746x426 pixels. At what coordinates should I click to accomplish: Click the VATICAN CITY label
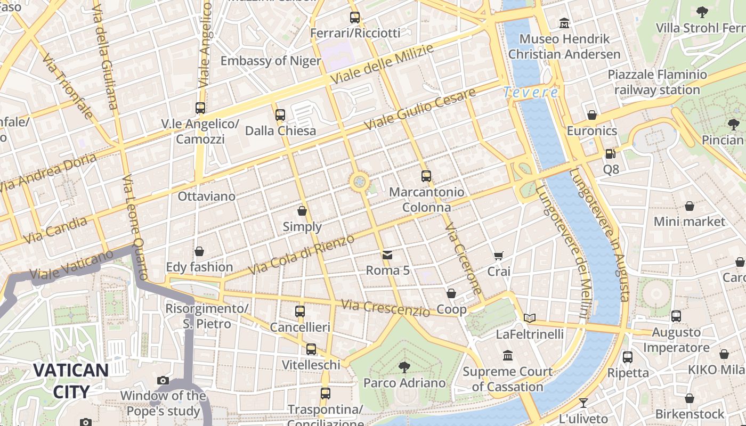click(x=71, y=381)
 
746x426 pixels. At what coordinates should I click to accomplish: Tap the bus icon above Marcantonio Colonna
click(x=426, y=176)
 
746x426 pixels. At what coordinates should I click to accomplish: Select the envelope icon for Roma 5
click(x=387, y=256)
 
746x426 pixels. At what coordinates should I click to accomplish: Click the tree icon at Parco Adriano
click(x=404, y=367)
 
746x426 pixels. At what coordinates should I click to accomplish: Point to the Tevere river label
click(x=531, y=93)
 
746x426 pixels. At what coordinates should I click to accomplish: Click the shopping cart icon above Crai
click(x=498, y=256)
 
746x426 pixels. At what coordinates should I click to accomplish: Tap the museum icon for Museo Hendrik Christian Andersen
click(x=564, y=23)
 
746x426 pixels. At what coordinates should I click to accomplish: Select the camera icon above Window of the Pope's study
click(x=163, y=380)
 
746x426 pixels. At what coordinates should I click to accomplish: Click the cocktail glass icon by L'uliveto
click(x=583, y=403)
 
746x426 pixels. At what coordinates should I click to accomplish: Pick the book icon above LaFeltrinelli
click(x=529, y=318)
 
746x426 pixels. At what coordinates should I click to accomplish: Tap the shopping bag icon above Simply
click(x=302, y=211)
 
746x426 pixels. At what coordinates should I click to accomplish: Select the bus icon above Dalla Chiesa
click(x=280, y=115)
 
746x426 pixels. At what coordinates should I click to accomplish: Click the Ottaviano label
click(x=206, y=196)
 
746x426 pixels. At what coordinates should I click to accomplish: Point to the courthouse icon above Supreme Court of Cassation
click(x=507, y=355)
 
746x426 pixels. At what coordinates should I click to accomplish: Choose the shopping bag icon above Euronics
click(x=591, y=115)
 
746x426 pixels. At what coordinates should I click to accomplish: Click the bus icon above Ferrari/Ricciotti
click(x=355, y=18)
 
